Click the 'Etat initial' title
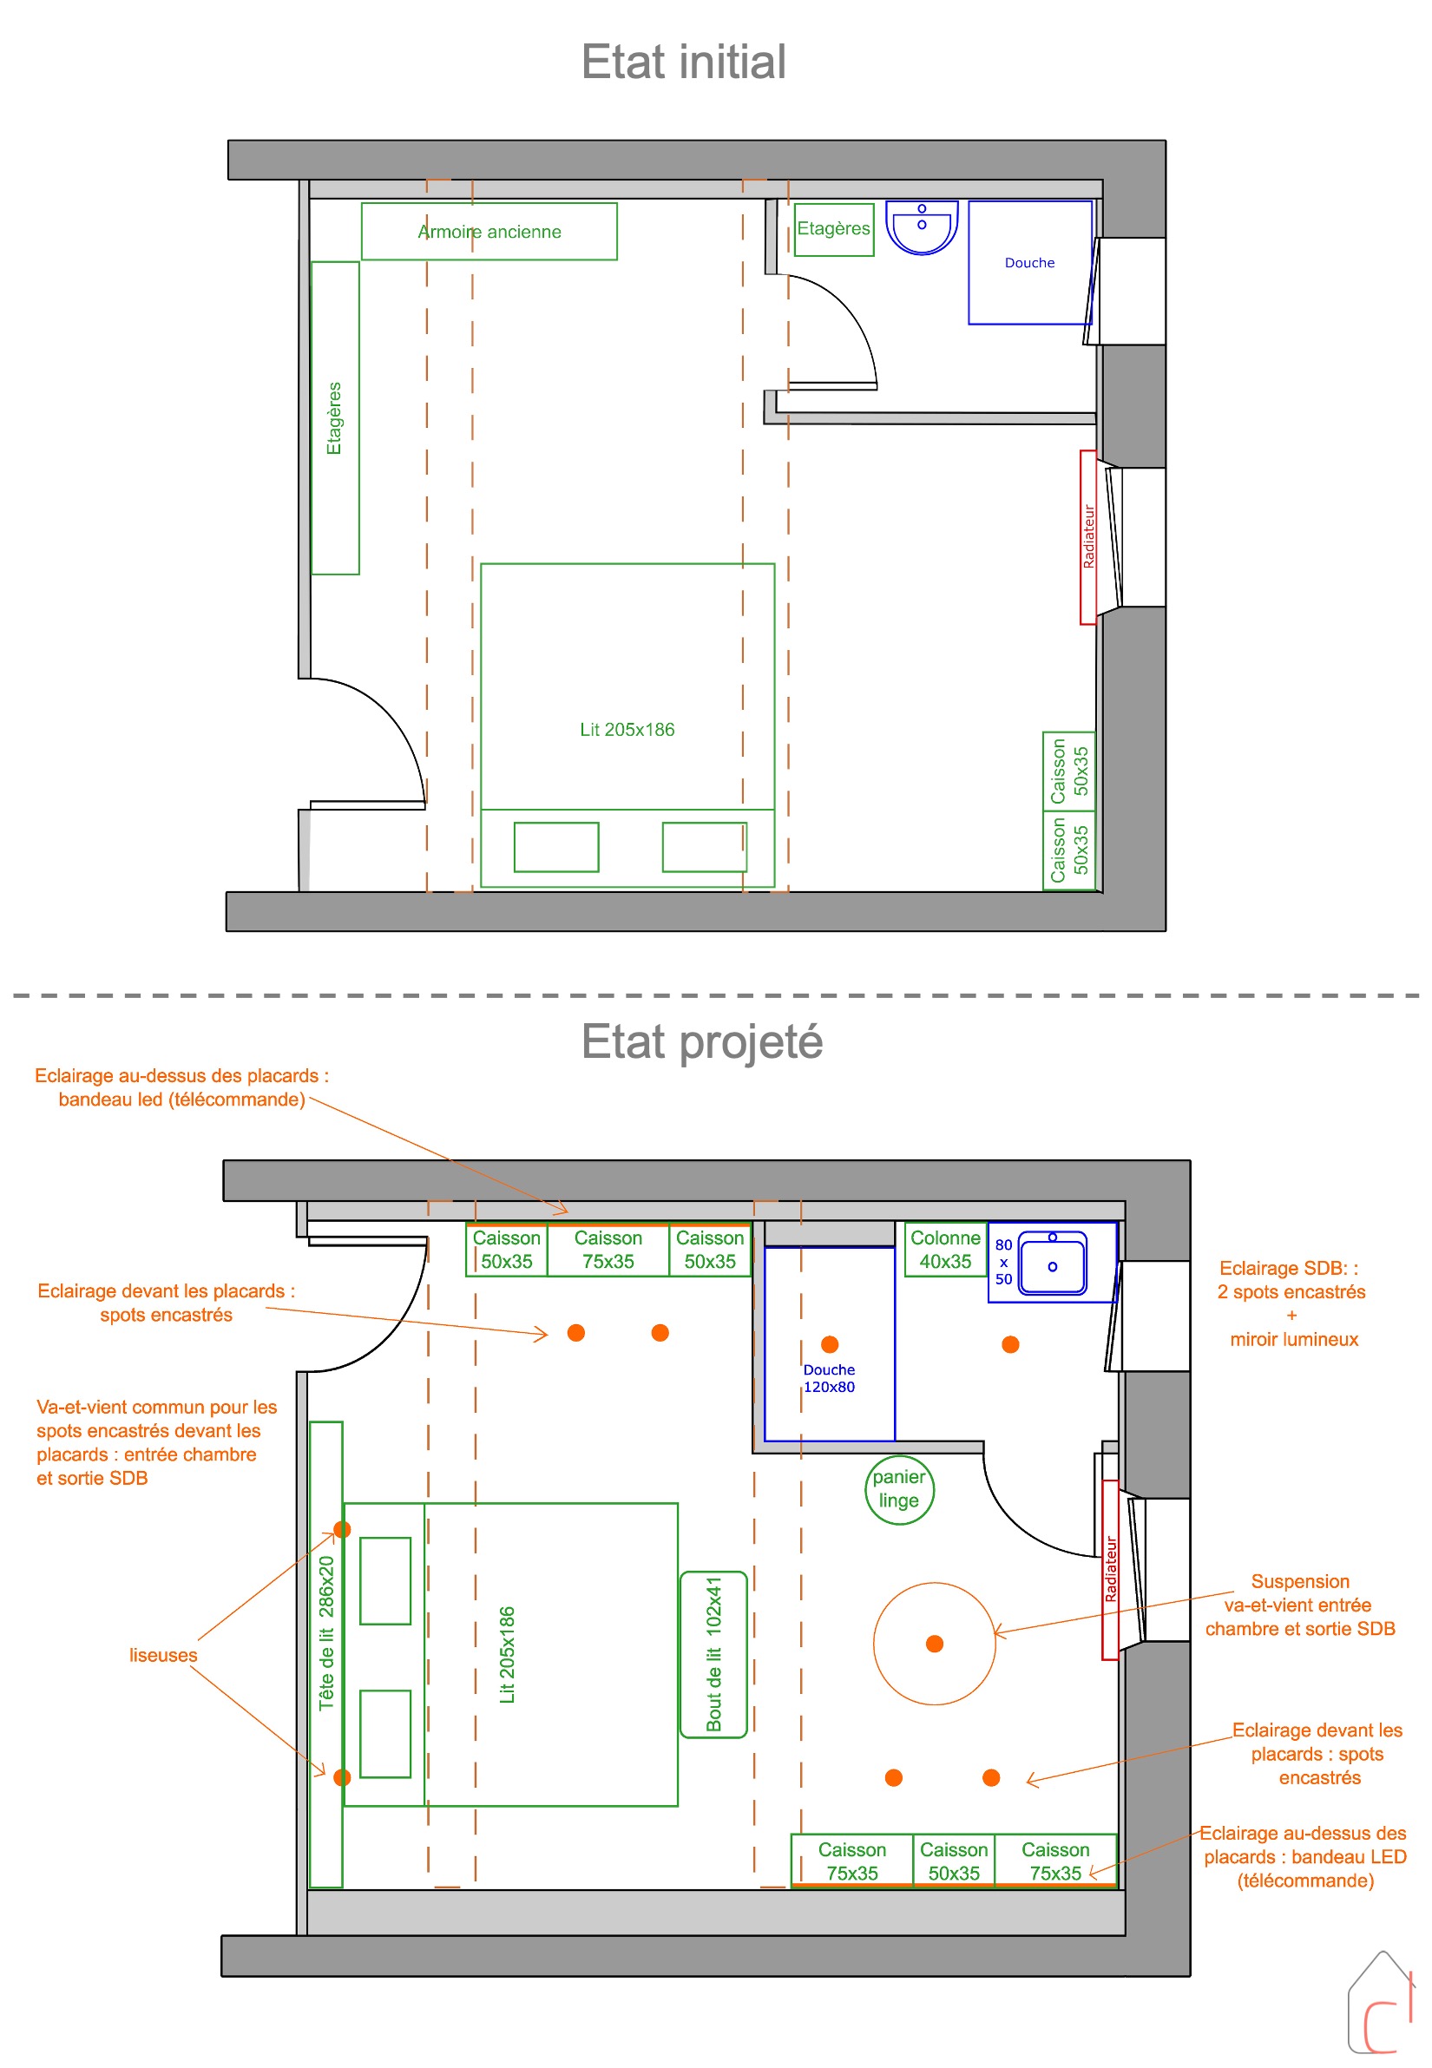click(683, 62)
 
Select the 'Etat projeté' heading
click(701, 1041)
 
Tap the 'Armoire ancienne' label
click(489, 232)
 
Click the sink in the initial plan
click(922, 227)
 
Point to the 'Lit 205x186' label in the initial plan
click(627, 730)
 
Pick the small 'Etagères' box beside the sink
click(833, 230)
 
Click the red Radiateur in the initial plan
click(1088, 536)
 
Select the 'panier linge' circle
click(898, 1490)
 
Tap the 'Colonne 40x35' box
click(945, 1249)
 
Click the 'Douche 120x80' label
click(828, 1378)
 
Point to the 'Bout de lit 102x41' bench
click(713, 1654)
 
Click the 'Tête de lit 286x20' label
click(325, 1633)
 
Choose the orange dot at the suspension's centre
click(934, 1644)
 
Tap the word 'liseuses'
click(162, 1655)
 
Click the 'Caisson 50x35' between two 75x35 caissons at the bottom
click(953, 1861)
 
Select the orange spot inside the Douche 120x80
click(829, 1344)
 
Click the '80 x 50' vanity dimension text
click(1003, 1262)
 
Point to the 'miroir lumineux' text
click(1294, 1340)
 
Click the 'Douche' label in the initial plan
click(1029, 263)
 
